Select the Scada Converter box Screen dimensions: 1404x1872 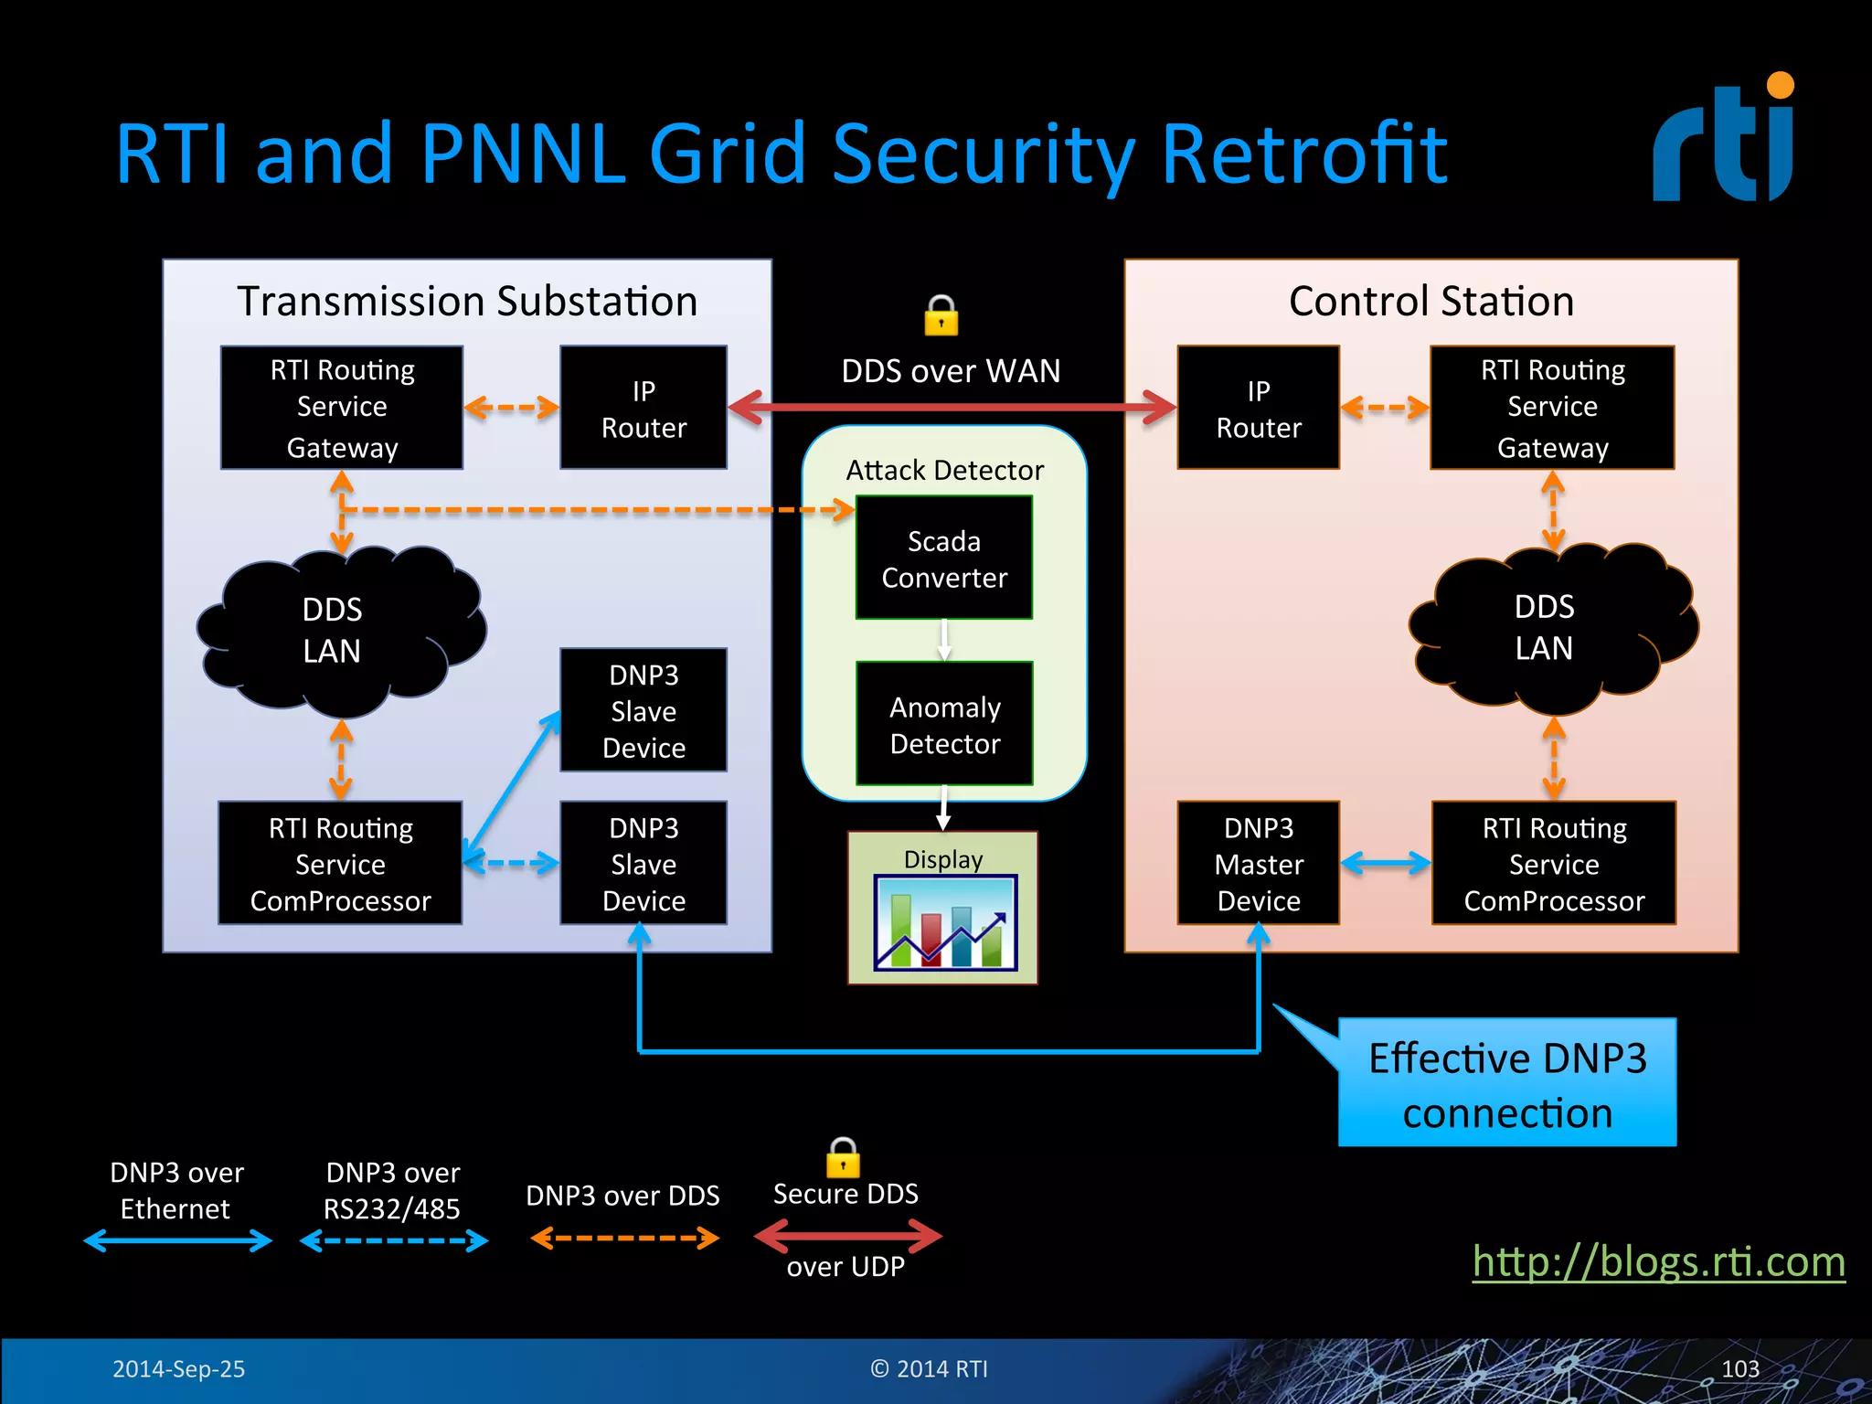943,558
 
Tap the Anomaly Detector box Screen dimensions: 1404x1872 944,724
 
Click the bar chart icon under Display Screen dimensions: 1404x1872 945,922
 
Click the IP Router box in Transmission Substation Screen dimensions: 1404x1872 643,408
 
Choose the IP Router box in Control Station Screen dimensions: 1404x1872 1258,408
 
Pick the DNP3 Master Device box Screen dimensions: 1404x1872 1258,864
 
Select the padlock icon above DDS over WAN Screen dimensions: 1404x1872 941,315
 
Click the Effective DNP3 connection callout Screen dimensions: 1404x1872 1506,1084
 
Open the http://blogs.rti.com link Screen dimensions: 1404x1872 1658,1261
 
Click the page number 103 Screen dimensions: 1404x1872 1739,1368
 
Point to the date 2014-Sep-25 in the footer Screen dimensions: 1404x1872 178,1368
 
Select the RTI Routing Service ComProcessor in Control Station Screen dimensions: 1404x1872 1553,864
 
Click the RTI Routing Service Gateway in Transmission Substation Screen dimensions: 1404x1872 342,408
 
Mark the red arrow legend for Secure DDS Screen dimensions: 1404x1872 847,1237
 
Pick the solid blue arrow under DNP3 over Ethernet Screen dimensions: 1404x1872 177,1240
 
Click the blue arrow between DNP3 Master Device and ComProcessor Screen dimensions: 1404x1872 1385,863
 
